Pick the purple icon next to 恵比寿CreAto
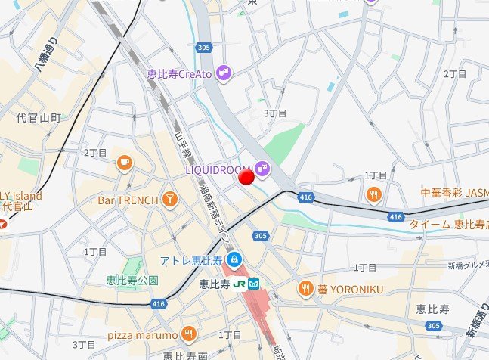click(224, 73)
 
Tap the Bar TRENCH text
click(128, 200)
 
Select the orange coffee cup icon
click(124, 161)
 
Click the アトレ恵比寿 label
click(190, 261)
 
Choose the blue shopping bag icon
click(235, 259)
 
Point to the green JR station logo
click(239, 284)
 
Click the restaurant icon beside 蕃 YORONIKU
click(305, 287)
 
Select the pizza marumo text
click(142, 334)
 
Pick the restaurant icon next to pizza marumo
click(188, 334)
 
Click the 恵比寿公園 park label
click(132, 280)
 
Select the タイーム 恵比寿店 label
click(448, 225)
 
